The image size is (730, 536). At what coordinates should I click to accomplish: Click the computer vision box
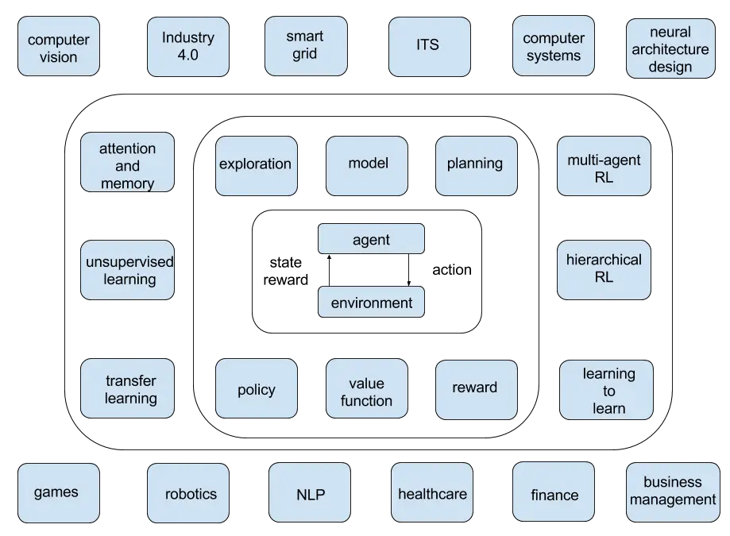coord(59,48)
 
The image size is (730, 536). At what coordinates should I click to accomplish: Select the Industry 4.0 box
coord(188,46)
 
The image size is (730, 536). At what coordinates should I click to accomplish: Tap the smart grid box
coord(304,45)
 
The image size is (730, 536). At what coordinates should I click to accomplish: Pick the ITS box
coord(429,46)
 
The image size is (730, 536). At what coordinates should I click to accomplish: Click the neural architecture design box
coord(670,49)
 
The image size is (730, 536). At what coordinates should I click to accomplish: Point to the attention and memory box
coord(128,166)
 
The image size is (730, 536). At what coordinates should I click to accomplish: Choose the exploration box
coord(255,164)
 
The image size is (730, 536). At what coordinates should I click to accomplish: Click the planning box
coord(474,164)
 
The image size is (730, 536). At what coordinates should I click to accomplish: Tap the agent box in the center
coord(371,239)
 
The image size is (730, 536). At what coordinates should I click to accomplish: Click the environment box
coord(371,303)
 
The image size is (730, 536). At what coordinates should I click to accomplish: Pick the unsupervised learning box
coord(128,271)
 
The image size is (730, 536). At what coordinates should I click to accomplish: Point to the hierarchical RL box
coord(604,269)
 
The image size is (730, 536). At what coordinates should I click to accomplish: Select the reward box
coord(474,388)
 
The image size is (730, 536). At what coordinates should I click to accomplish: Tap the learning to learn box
coord(608,391)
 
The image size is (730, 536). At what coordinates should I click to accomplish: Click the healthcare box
coord(432,494)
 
